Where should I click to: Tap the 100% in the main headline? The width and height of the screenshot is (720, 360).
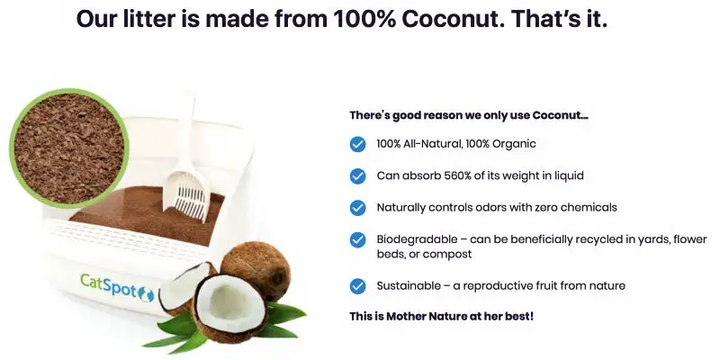pyautogui.click(x=364, y=19)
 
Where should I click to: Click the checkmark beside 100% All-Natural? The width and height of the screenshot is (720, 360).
pyautogui.click(x=357, y=144)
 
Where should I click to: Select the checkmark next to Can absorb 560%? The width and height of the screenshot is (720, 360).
pyautogui.click(x=357, y=175)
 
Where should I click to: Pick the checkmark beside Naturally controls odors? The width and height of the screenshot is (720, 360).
pyautogui.click(x=357, y=208)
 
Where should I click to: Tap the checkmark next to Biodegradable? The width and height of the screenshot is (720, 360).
pyautogui.click(x=357, y=239)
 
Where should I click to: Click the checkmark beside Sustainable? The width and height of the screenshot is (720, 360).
pyautogui.click(x=357, y=286)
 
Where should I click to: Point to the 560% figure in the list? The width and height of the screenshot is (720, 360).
pyautogui.click(x=457, y=175)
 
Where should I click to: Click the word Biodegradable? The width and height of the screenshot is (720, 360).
pyautogui.click(x=418, y=239)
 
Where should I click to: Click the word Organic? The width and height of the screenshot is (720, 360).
pyautogui.click(x=514, y=144)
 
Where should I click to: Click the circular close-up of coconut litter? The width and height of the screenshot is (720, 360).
pyautogui.click(x=69, y=148)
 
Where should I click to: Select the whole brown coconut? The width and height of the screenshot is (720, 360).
pyautogui.click(x=256, y=271)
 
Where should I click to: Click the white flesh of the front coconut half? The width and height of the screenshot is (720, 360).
pyautogui.click(x=229, y=302)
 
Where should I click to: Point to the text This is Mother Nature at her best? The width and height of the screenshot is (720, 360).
pyautogui.click(x=441, y=317)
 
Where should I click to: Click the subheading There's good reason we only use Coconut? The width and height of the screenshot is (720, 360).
pyautogui.click(x=469, y=115)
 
